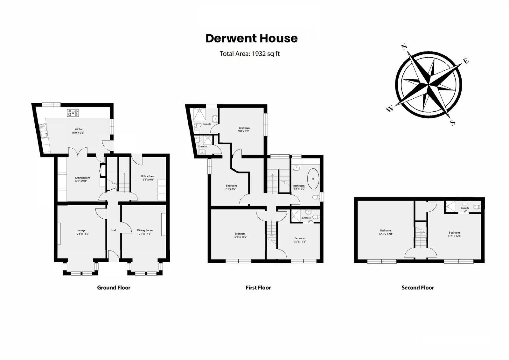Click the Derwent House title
(x=251, y=38)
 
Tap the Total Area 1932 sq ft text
(x=250, y=54)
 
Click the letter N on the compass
(x=405, y=47)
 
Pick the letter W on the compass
(x=389, y=109)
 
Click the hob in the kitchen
(x=73, y=113)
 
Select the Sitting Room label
(x=82, y=178)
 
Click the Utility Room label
(x=148, y=176)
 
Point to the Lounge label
(x=81, y=230)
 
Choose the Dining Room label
(x=145, y=230)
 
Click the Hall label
(x=114, y=230)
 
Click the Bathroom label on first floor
(x=299, y=186)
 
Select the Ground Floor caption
(x=114, y=288)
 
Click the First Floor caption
(x=258, y=288)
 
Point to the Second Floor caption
(x=417, y=288)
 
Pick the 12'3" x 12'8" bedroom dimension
(x=386, y=234)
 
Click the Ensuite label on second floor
(x=465, y=208)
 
